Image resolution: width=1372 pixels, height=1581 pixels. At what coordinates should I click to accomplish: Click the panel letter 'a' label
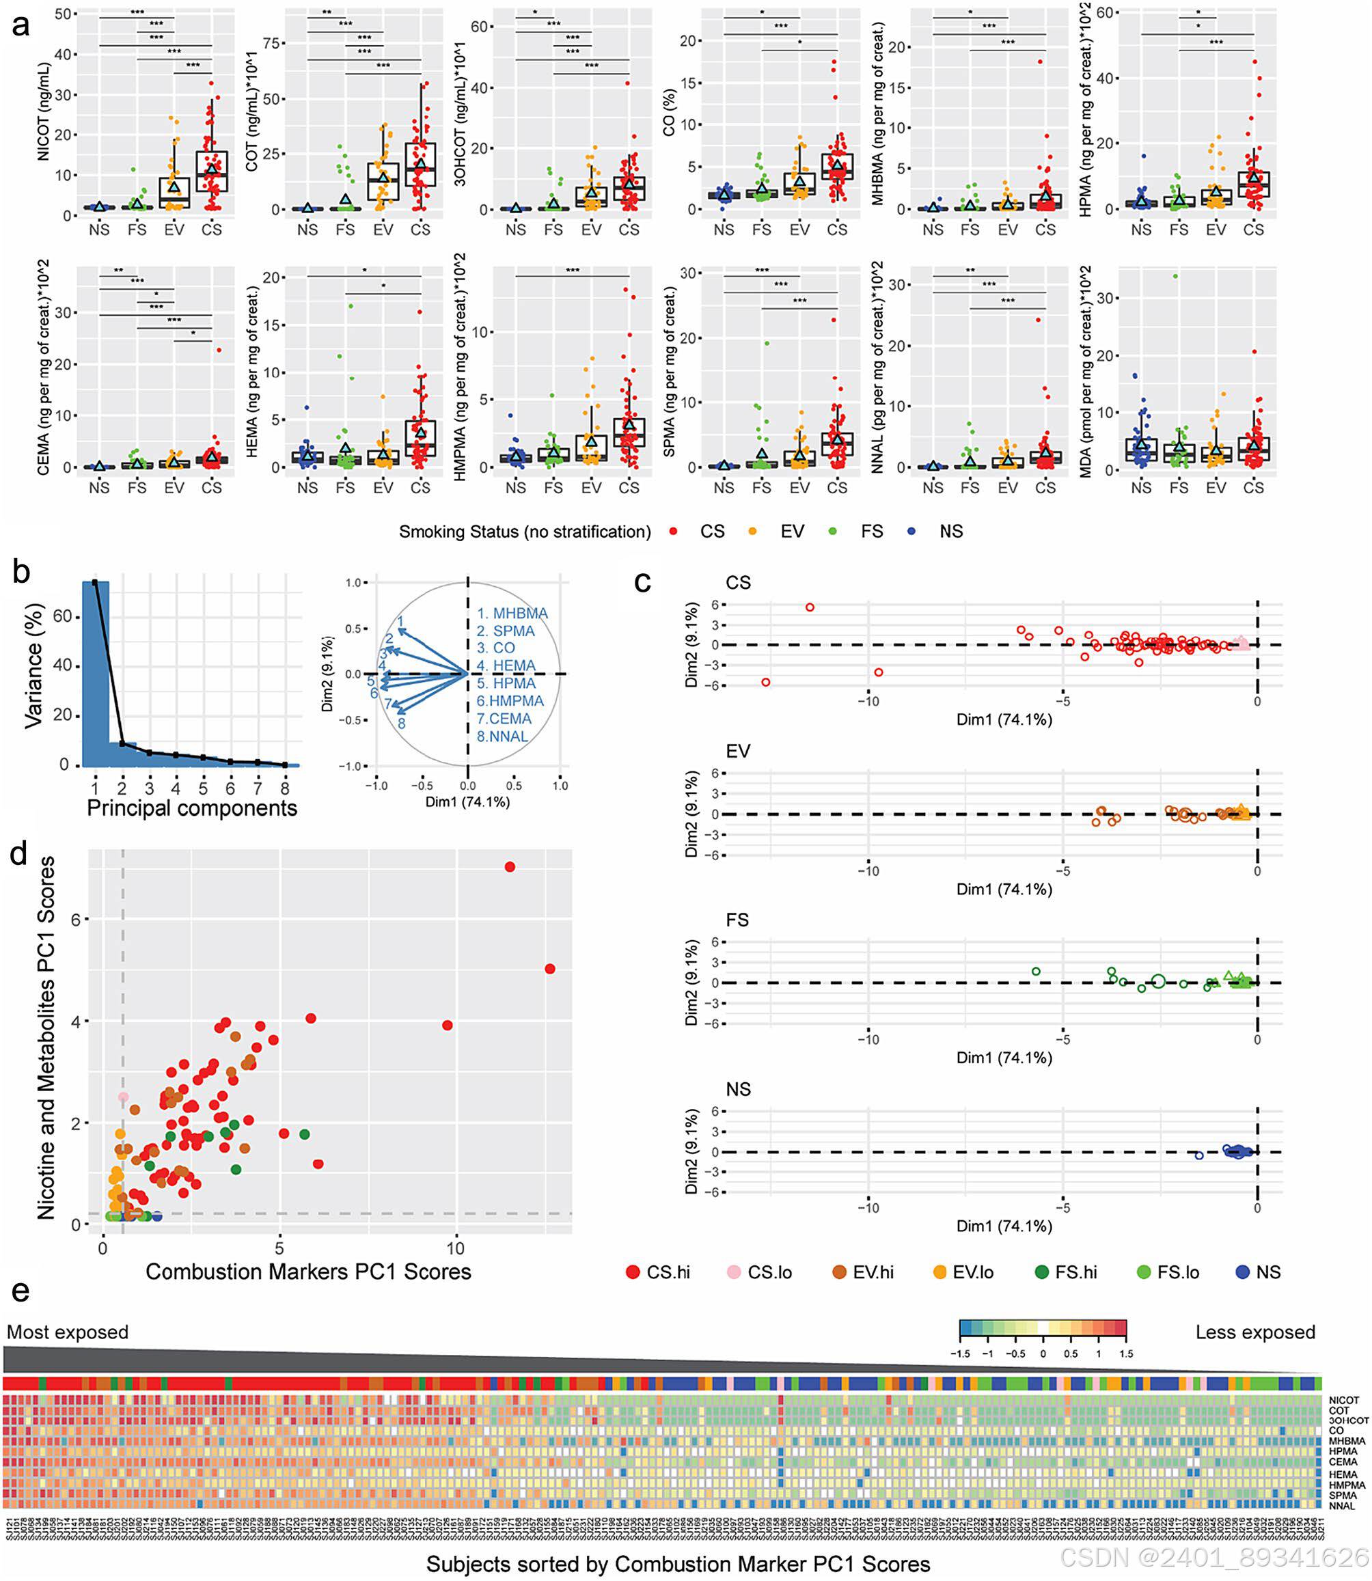(x=20, y=25)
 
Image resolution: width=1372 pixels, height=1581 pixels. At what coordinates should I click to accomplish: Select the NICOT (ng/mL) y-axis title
(x=44, y=113)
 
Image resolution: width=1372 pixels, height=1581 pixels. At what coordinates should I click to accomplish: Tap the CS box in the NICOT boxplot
(x=211, y=171)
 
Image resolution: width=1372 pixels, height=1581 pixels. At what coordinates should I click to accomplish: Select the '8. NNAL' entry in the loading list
(x=502, y=737)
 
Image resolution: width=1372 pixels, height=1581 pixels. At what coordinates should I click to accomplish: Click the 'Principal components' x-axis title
(x=191, y=808)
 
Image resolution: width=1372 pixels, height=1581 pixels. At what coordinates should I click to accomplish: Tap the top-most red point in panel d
(x=509, y=866)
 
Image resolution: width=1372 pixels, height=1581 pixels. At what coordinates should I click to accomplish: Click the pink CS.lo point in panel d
(x=123, y=1097)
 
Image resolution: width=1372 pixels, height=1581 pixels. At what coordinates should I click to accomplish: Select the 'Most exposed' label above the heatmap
(x=68, y=1332)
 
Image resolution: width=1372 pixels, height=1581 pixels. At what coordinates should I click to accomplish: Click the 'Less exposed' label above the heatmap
(x=1255, y=1332)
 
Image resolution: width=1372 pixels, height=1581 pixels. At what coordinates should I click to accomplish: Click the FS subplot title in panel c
(x=737, y=920)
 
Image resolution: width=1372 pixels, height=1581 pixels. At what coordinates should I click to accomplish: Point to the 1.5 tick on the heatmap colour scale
(x=1125, y=1353)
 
